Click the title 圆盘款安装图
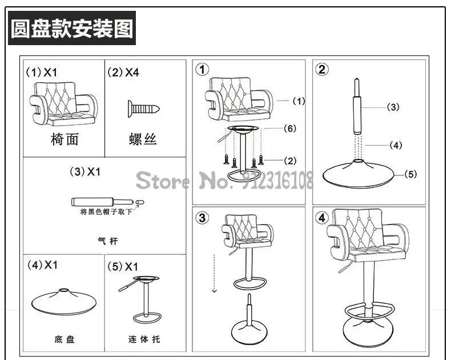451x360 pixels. click(73, 27)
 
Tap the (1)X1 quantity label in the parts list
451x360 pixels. click(42, 73)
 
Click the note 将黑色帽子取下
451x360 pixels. click(106, 212)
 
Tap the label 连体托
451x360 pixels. click(144, 339)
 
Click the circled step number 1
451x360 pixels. click(202, 70)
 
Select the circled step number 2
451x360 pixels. click(322, 70)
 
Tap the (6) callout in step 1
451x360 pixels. click(290, 129)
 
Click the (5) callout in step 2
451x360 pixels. click(410, 174)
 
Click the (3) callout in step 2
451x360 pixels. click(393, 107)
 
